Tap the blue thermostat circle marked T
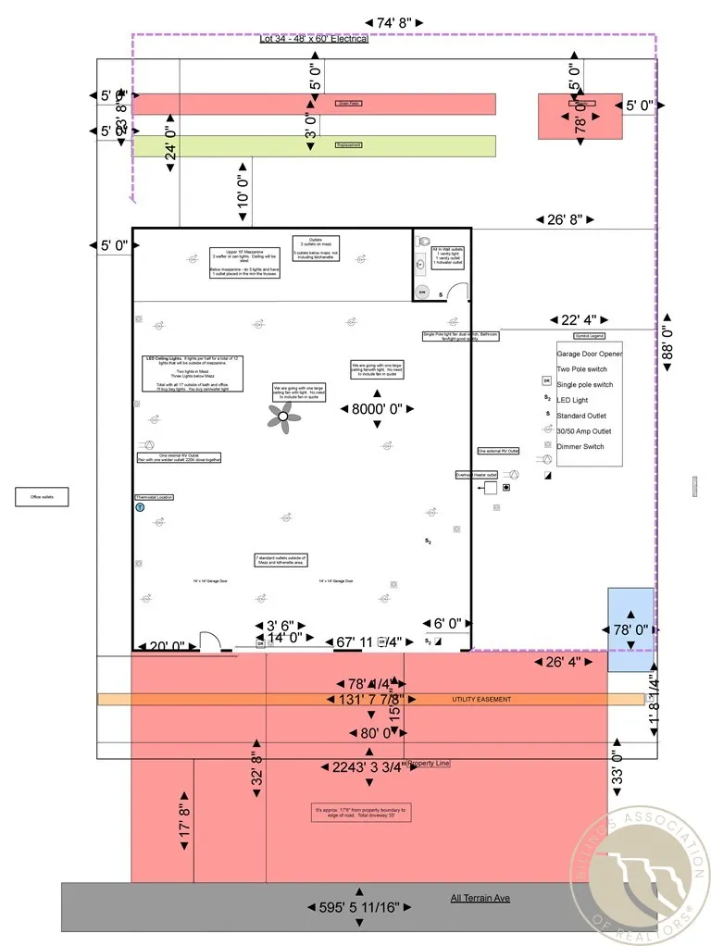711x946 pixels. tap(140, 507)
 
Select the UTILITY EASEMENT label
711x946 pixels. tap(480, 699)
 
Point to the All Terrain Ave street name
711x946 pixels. tap(480, 898)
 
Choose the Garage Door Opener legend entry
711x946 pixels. tap(589, 354)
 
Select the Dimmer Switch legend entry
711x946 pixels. tap(581, 446)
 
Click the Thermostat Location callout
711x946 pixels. tap(155, 497)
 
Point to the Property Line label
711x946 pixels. tap(428, 763)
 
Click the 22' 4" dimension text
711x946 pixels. tap(570, 320)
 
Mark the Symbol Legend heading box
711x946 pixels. tap(589, 336)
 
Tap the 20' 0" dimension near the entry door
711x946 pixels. tap(167, 646)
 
